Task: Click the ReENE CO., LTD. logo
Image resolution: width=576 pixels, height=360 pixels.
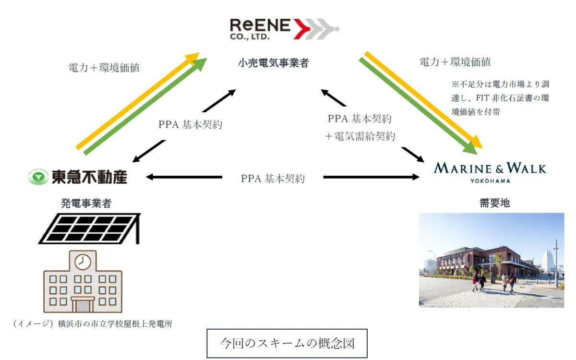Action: (283, 28)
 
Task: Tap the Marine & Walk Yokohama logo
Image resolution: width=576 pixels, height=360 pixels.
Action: (490, 171)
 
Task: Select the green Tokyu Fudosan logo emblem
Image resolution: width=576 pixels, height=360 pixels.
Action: (38, 177)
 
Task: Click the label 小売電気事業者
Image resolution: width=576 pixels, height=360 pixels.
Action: (273, 63)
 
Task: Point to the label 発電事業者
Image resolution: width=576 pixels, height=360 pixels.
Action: (86, 203)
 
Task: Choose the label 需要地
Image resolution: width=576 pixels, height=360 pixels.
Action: (494, 203)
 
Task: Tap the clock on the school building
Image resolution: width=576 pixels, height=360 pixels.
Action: (83, 261)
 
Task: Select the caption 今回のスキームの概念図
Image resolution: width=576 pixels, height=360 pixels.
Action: (287, 343)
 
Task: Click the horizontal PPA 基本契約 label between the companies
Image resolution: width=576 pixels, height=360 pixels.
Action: (273, 179)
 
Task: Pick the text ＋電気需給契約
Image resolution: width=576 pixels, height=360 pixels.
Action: (360, 136)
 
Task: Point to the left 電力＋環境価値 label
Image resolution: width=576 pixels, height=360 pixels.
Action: (104, 68)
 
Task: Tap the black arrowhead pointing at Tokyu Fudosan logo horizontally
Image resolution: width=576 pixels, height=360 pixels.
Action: (150, 177)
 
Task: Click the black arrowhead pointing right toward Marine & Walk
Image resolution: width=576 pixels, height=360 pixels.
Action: (415, 177)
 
